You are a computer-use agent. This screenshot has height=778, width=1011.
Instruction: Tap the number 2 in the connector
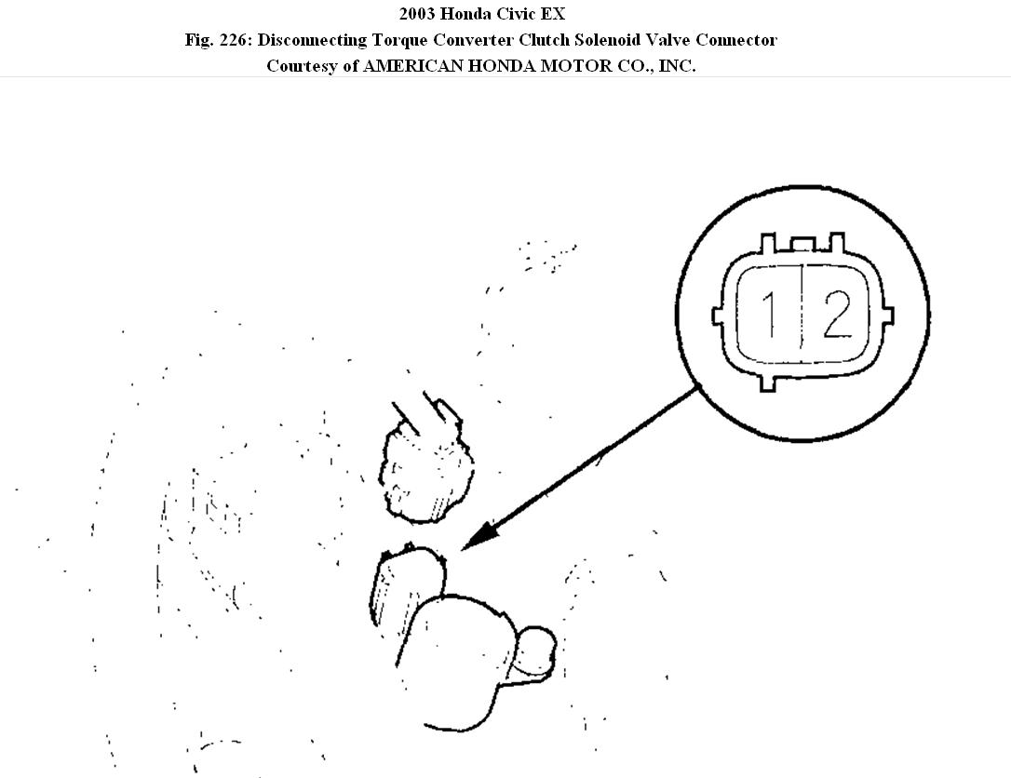pyautogui.click(x=836, y=315)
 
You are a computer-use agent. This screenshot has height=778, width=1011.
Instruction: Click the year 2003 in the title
pyautogui.click(x=419, y=14)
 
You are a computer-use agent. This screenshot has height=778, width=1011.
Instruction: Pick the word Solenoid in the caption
pyautogui.click(x=612, y=40)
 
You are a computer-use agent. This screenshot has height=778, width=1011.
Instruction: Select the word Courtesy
pyautogui.click(x=303, y=66)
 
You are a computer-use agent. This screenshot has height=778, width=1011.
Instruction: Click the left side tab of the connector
pyautogui.click(x=719, y=315)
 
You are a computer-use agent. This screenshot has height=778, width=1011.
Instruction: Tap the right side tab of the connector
pyautogui.click(x=887, y=314)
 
